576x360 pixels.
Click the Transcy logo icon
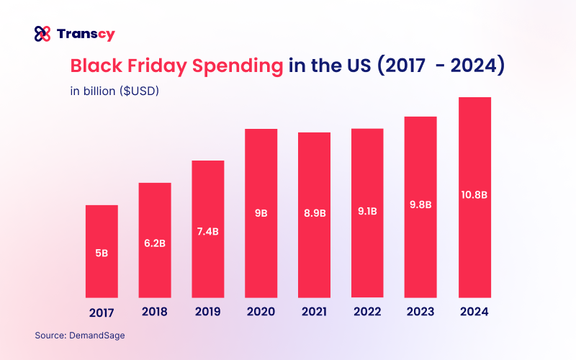click(42, 33)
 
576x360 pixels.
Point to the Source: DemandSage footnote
click(73, 335)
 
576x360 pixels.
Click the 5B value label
click(102, 252)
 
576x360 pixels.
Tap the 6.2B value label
click(155, 243)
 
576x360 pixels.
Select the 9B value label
click(261, 213)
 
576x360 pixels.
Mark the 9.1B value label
click(367, 213)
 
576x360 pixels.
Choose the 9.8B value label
click(420, 204)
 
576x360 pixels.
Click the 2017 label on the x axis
click(102, 312)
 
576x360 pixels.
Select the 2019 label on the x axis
click(208, 312)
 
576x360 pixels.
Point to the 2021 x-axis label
click(314, 312)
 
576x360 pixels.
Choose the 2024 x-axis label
click(474, 312)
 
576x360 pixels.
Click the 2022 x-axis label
click(367, 312)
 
